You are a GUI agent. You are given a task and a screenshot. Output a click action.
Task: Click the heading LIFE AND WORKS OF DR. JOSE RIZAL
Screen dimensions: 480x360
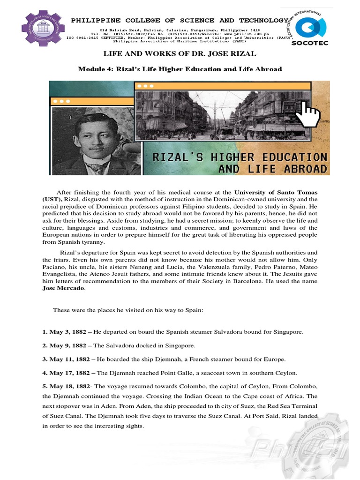coord(180,54)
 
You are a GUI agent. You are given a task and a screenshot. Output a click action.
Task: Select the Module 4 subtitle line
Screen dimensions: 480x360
coord(180,69)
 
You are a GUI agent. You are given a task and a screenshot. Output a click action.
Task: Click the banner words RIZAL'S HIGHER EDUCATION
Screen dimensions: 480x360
coord(240,156)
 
